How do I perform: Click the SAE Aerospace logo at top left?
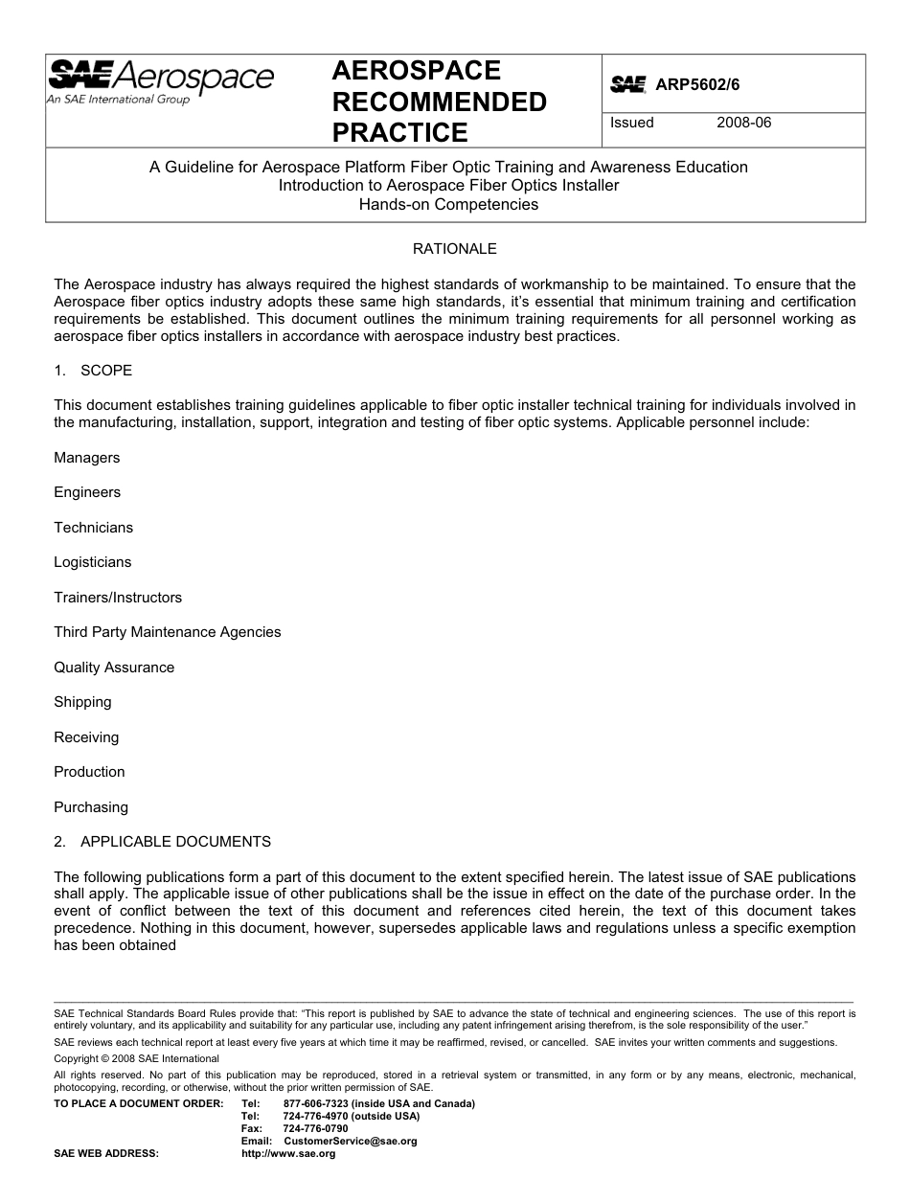[161, 80]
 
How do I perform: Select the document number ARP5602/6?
[697, 84]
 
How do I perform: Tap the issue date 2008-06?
[743, 123]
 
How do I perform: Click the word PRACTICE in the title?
[399, 132]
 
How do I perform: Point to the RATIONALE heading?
[454, 249]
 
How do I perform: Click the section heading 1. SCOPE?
[93, 371]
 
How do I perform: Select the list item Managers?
[87, 458]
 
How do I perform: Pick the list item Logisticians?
[93, 562]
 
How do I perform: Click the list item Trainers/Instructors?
[118, 598]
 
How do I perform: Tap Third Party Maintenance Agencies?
[168, 632]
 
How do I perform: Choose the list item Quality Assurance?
[114, 668]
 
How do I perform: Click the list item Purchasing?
[91, 807]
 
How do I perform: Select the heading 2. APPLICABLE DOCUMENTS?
[163, 842]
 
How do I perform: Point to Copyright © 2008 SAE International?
[137, 1058]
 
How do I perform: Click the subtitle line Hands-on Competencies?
[448, 204]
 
